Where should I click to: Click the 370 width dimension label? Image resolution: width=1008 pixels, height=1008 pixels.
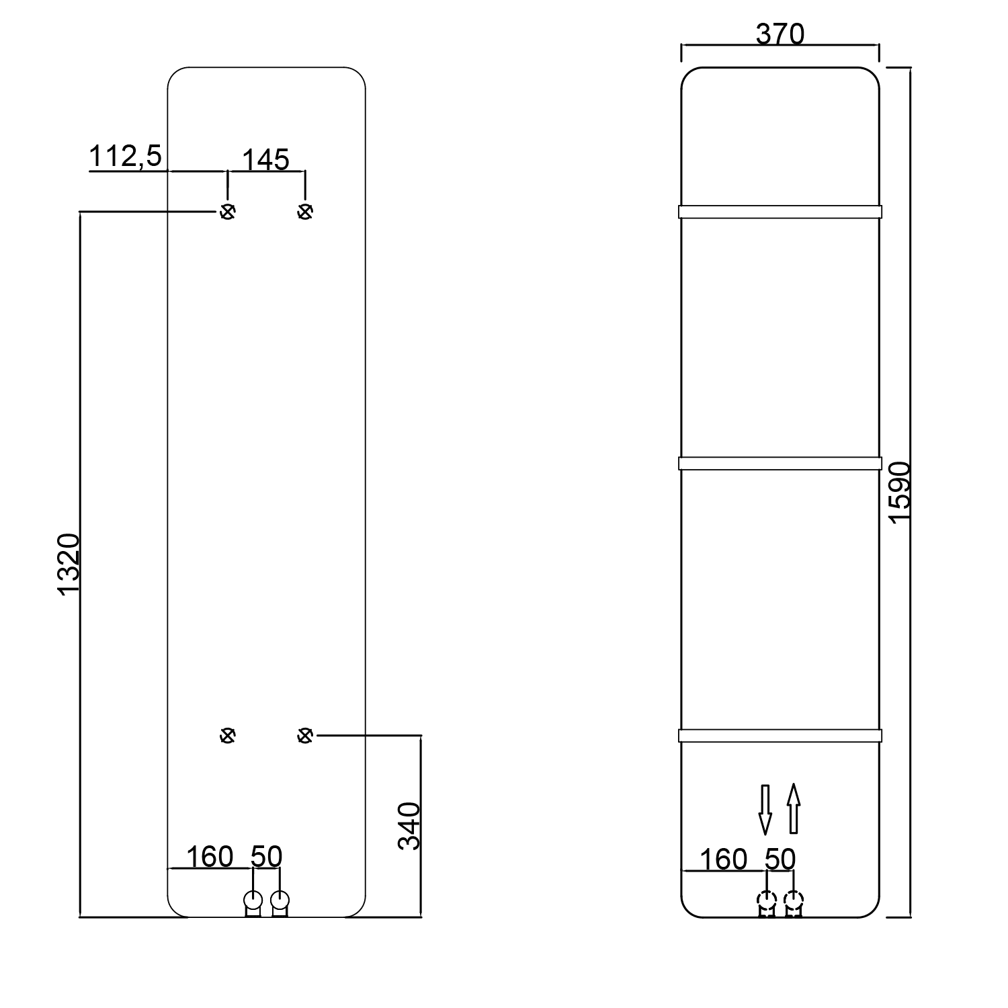(780, 34)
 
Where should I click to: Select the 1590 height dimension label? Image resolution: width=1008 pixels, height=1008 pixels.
(898, 491)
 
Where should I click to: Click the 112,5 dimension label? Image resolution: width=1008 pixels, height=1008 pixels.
(126, 157)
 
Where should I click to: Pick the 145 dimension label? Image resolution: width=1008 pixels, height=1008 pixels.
(265, 161)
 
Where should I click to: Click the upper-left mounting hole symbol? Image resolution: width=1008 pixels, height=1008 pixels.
(228, 212)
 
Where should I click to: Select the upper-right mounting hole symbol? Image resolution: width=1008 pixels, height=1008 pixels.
(305, 212)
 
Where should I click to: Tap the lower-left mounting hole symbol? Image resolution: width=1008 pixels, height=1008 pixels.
(228, 736)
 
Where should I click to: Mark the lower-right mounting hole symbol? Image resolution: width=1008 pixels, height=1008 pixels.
(305, 736)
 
